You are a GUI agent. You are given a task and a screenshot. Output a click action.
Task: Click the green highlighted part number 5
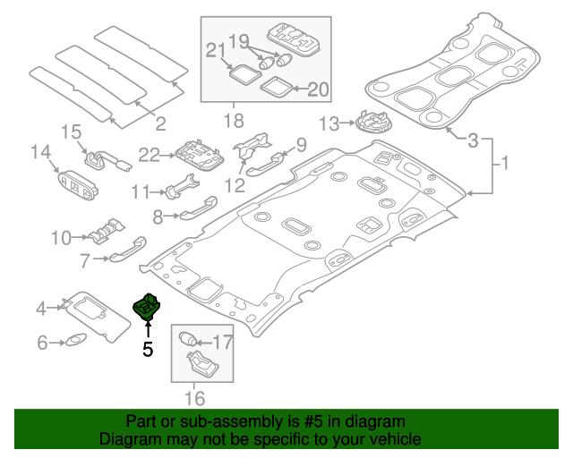[x=147, y=307]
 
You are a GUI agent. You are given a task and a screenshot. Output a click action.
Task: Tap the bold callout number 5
[x=149, y=350]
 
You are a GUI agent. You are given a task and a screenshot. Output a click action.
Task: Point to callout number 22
[x=149, y=155]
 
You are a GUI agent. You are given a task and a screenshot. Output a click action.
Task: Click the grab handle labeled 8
[x=192, y=210]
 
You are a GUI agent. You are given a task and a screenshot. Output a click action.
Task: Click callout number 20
[x=318, y=89]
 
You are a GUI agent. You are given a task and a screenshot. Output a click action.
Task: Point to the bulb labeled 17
[x=189, y=339]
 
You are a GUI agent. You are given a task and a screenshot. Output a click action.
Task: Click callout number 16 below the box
[x=194, y=397]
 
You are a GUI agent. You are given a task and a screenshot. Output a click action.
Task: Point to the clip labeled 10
[x=105, y=231]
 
